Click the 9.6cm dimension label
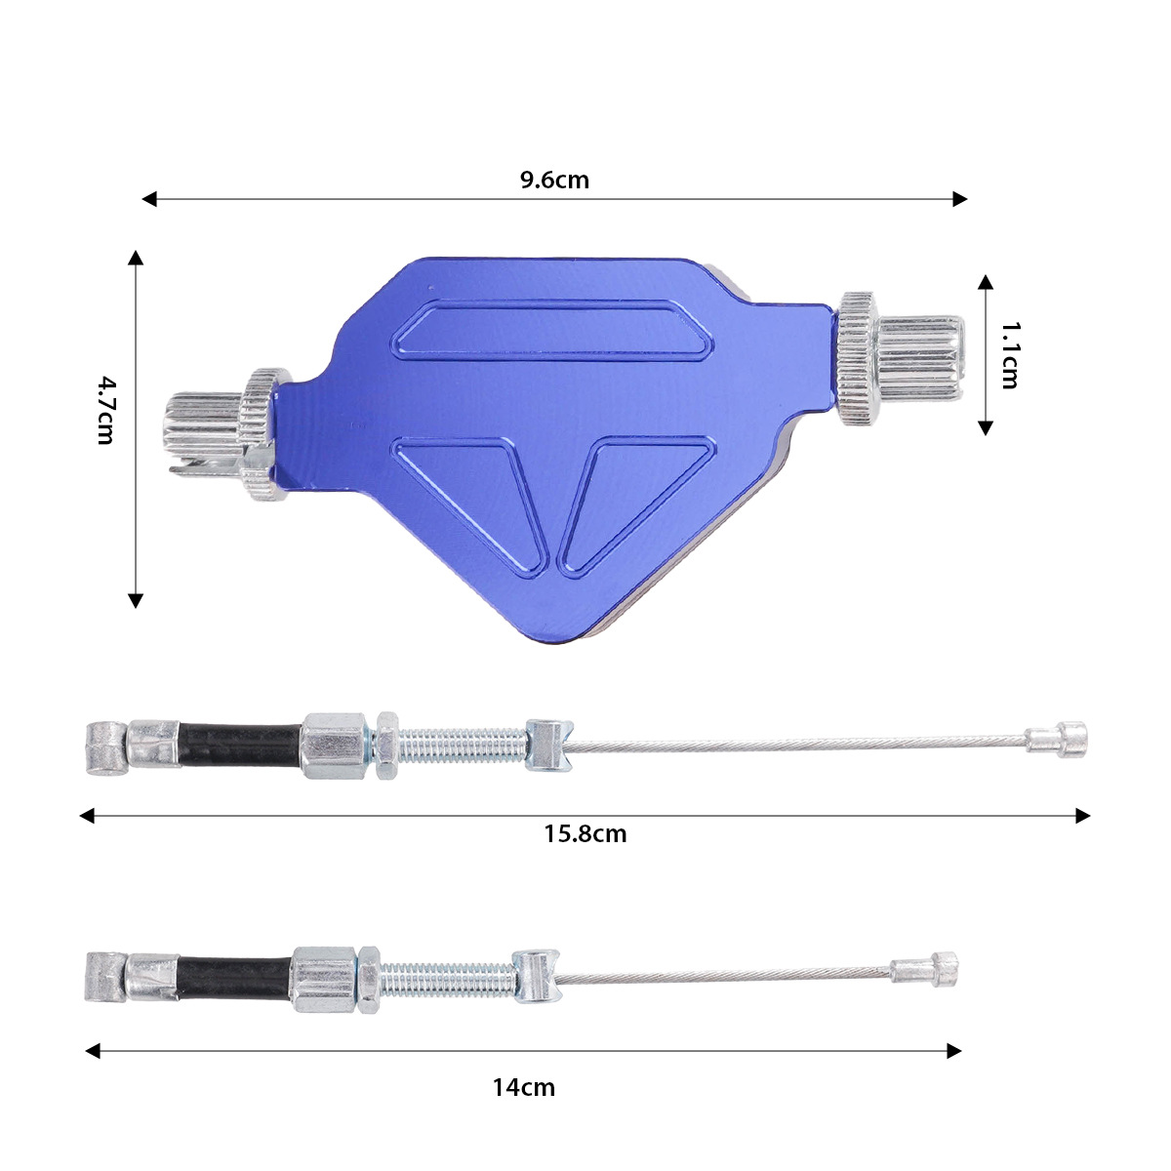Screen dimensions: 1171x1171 pos(554,180)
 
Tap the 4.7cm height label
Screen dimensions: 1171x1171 pos(105,410)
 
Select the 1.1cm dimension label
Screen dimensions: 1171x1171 pos(1010,355)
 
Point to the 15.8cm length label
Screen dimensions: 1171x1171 pos(585,833)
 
